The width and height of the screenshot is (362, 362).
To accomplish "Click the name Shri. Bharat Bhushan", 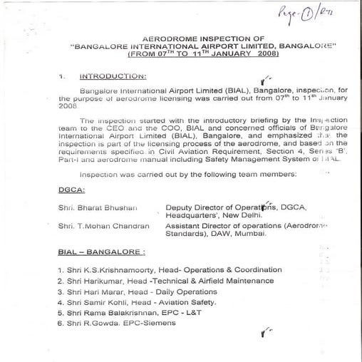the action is tap(98, 207).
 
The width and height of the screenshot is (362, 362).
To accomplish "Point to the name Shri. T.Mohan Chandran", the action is tap(103, 226).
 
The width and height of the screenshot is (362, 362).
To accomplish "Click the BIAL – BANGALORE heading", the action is tap(101, 252).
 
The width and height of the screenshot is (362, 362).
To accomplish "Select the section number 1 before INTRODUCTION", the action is tap(61, 76).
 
